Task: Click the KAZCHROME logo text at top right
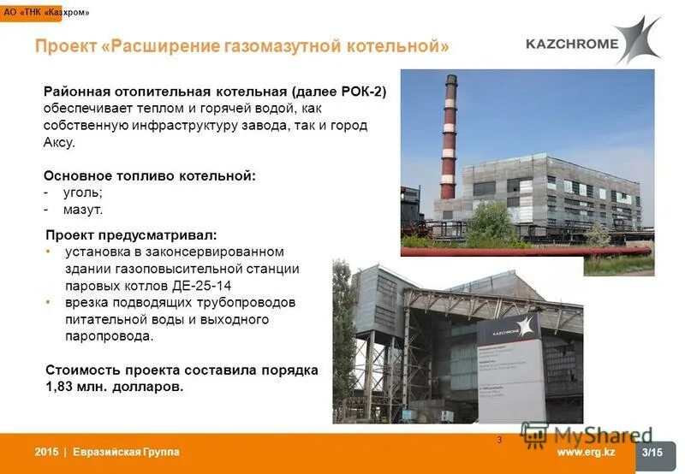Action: pyautogui.click(x=571, y=43)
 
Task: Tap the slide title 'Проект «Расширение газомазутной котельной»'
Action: pyautogui.click(x=242, y=45)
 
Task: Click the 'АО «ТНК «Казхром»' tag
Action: pyautogui.click(x=45, y=13)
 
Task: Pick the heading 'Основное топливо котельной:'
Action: pyautogui.click(x=150, y=175)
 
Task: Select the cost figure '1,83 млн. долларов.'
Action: pyautogui.click(x=114, y=387)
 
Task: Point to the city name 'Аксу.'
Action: pyautogui.click(x=60, y=142)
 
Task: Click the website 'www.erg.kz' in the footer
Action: pyautogui.click(x=586, y=452)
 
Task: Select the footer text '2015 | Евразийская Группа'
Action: pyautogui.click(x=107, y=452)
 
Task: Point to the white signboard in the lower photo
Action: pyautogui.click(x=512, y=376)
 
